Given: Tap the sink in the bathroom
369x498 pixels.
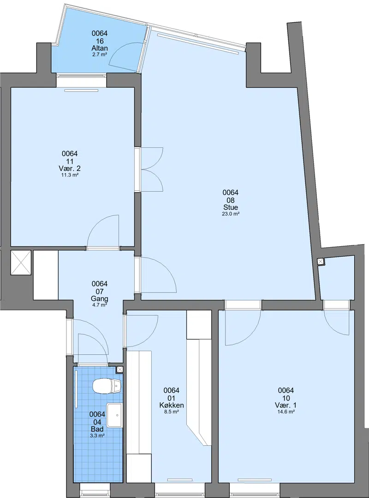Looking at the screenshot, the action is [x=114, y=415].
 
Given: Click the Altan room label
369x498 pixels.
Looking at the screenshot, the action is [x=100, y=48].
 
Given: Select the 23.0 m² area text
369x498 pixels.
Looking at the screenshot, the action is [x=231, y=214].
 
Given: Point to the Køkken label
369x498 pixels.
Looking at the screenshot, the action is [x=172, y=405].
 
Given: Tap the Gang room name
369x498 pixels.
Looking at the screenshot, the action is [x=100, y=298].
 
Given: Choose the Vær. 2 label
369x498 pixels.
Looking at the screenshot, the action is [x=70, y=168].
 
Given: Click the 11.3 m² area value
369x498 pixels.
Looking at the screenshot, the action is [x=70, y=175].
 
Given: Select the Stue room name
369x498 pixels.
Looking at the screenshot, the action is [x=231, y=207].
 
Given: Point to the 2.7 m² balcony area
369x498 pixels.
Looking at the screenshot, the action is [x=100, y=55].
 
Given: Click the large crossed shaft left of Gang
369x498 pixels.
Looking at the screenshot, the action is [x=21, y=262].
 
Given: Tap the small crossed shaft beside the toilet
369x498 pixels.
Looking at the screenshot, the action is [x=120, y=370].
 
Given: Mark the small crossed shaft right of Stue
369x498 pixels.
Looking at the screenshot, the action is [x=321, y=261].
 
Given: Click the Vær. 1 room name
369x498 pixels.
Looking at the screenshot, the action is [x=286, y=405].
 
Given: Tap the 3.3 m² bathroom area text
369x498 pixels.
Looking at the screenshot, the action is [x=97, y=436].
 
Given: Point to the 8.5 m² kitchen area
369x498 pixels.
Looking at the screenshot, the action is [x=172, y=412].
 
